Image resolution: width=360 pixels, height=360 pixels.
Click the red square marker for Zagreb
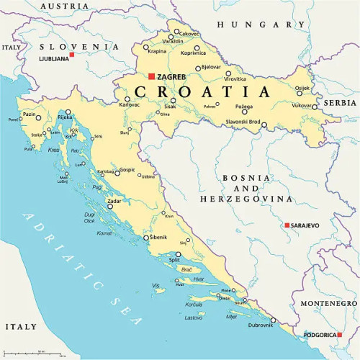click(x=151, y=76)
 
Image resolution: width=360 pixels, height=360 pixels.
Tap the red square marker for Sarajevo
click(x=287, y=225)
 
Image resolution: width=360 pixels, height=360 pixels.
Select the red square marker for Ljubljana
click(x=71, y=54)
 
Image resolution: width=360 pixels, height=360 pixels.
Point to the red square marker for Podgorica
click(x=319, y=334)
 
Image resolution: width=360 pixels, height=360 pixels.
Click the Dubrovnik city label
click(x=261, y=326)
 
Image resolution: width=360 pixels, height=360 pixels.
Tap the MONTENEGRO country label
click(x=328, y=303)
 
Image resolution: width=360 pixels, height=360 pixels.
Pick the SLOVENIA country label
click(x=79, y=45)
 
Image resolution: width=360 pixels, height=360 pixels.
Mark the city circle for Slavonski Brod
click(x=264, y=125)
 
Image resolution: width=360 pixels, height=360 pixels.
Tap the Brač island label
click(x=187, y=269)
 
